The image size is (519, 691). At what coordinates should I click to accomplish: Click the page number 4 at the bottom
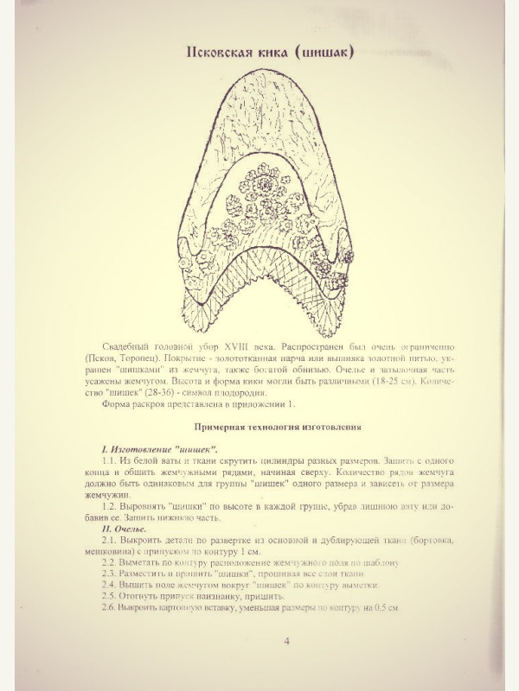pos(286,643)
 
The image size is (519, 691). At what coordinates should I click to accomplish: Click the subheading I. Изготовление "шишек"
pos(160,452)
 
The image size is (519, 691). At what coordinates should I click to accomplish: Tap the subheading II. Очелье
pos(125,529)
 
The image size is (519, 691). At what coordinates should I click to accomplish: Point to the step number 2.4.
pos(110,584)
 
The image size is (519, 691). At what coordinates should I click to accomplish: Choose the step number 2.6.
pos(110,607)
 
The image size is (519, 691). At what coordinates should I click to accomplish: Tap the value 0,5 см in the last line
pos(382,607)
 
